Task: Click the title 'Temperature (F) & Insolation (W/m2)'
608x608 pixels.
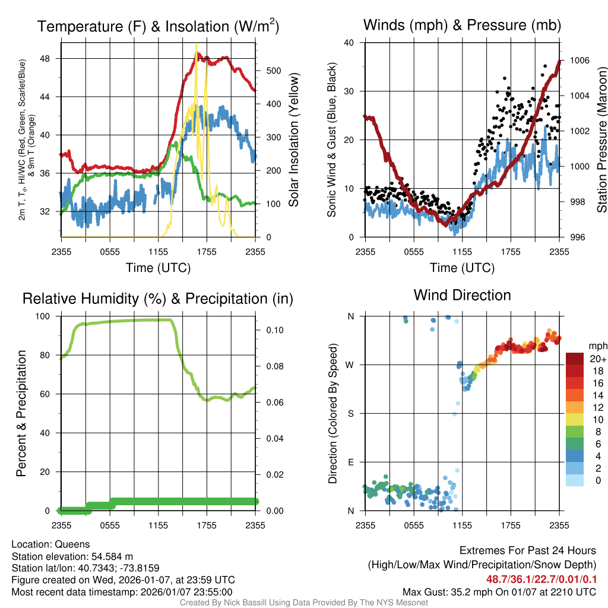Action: point(158,26)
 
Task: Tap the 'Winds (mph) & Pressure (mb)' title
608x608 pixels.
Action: point(462,25)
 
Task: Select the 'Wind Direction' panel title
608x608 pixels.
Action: point(462,295)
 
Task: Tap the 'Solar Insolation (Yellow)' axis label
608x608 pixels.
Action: point(293,140)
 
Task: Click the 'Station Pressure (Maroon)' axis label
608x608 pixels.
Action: point(601,140)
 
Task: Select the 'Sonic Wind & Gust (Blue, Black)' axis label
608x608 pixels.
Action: point(333,140)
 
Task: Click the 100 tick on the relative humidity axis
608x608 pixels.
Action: point(49,316)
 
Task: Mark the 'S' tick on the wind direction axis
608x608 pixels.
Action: point(351,413)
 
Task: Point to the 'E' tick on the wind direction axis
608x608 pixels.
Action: point(351,462)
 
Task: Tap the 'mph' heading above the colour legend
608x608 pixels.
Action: point(596,346)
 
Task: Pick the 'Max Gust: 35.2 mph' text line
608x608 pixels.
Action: point(499,592)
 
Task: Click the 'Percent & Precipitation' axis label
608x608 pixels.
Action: point(21,413)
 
